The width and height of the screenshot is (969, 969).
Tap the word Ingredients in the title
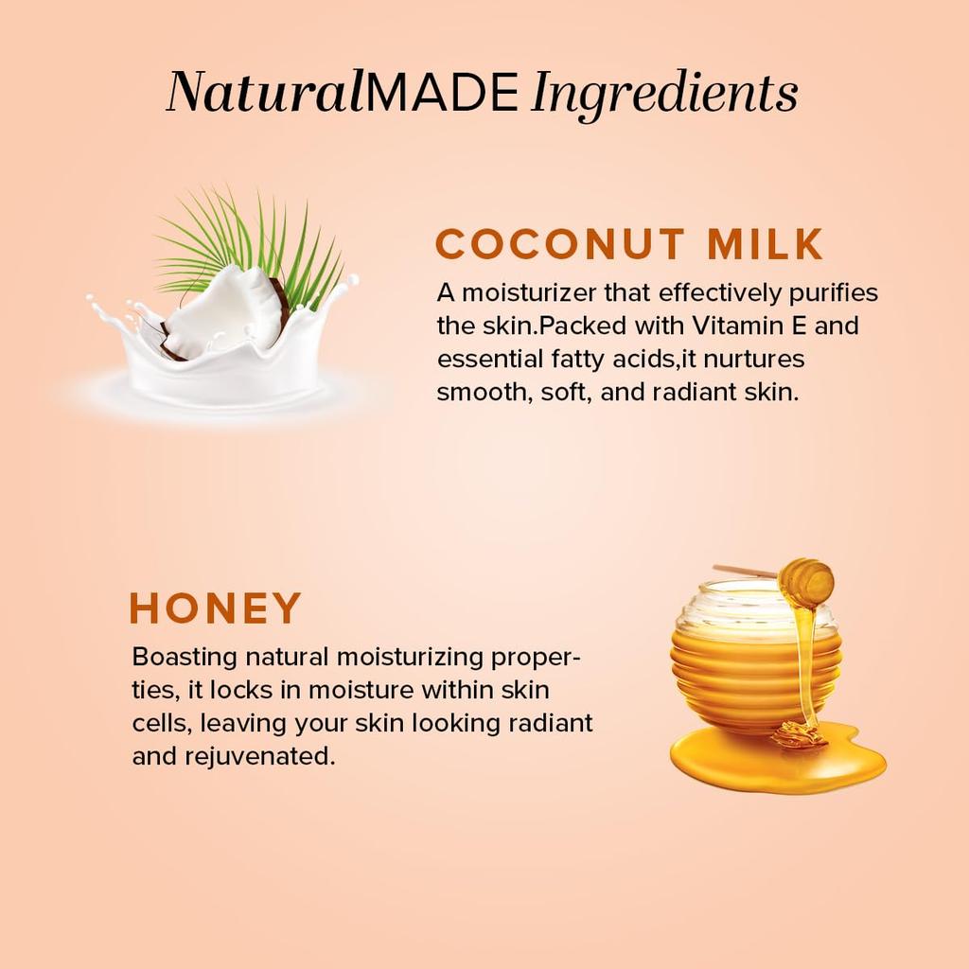click(x=664, y=94)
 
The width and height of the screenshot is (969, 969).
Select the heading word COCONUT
click(x=558, y=244)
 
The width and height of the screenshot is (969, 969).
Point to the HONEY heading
click(x=216, y=608)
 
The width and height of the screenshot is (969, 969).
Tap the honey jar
click(x=748, y=662)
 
